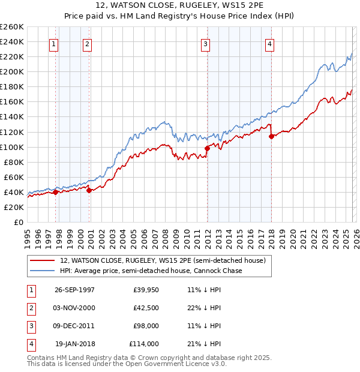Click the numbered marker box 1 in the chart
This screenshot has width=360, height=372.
[x=54, y=43]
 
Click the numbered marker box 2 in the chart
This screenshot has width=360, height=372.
[x=87, y=43]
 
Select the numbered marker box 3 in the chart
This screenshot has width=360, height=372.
[x=205, y=43]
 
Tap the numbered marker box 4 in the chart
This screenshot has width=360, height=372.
[x=270, y=43]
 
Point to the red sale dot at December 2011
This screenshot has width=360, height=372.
[x=207, y=148]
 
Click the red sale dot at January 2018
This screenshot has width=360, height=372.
[x=271, y=136]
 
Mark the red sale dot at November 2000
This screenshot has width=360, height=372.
[x=89, y=190]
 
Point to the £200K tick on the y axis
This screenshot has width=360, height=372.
[x=12, y=71]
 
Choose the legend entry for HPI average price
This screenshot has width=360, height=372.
[x=151, y=271]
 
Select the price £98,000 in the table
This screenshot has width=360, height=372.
[x=146, y=326]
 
